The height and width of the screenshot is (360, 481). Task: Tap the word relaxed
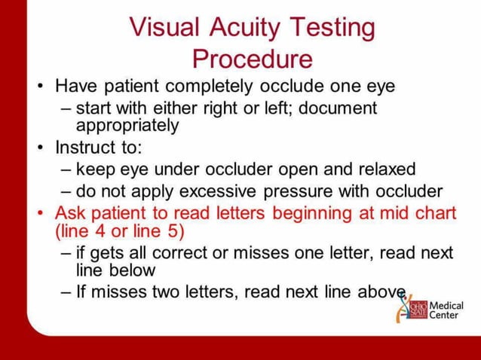coord(377,169)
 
